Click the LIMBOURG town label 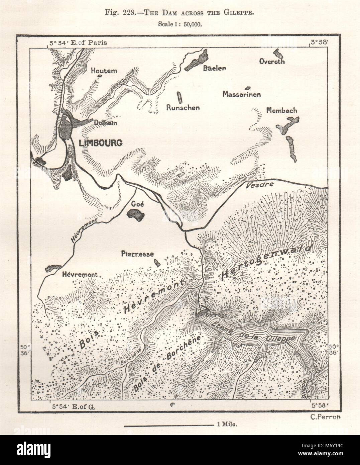pyautogui.click(x=100, y=143)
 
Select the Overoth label pyautogui.click(x=272, y=62)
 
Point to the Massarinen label pyautogui.click(x=241, y=94)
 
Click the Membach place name pyautogui.click(x=282, y=110)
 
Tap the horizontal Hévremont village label pyautogui.click(x=80, y=274)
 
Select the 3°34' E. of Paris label pyautogui.click(x=77, y=43)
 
